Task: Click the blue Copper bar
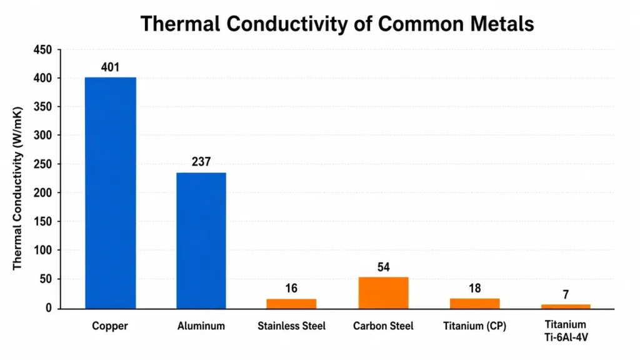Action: coord(111,193)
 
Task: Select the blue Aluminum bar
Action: coord(201,241)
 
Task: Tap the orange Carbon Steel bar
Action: coord(383,293)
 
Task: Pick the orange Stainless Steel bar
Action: coord(291,304)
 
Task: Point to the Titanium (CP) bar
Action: coord(475,304)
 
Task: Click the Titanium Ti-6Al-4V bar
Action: coord(566,306)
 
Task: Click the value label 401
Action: coord(110,67)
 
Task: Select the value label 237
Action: coord(201,162)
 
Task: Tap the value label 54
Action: coord(383,267)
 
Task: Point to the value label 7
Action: coord(566,294)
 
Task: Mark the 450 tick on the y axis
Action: coord(43,50)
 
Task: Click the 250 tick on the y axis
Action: coord(43,164)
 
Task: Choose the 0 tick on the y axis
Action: coord(49,308)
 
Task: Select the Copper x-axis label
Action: coord(110,326)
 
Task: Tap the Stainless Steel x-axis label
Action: coord(291,326)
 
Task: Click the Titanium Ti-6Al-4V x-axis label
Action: coord(566,331)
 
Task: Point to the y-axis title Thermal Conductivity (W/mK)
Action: coord(17,188)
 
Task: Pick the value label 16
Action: coord(291,288)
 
